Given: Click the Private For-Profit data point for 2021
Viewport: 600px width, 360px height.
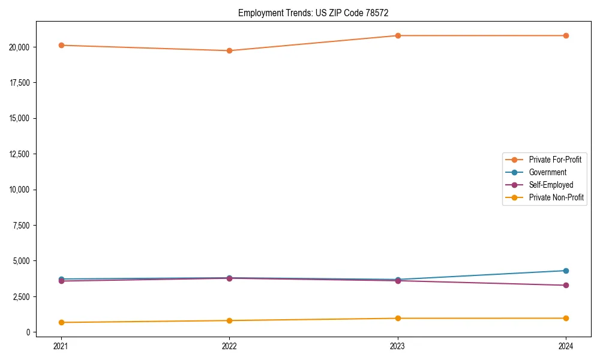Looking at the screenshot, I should pos(61,45).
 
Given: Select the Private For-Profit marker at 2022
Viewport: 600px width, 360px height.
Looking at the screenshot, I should pos(229,50).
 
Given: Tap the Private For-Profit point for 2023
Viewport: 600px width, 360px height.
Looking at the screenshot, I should pos(398,35).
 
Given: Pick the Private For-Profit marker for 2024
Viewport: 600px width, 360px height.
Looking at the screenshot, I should pos(566,35).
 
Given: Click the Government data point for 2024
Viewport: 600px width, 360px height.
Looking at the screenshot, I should pos(566,271).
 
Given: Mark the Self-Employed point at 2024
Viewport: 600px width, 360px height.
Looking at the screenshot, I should pos(566,285).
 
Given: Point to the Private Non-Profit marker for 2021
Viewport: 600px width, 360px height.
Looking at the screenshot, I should pos(61,322).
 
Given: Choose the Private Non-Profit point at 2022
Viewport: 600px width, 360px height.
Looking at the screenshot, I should pos(229,320).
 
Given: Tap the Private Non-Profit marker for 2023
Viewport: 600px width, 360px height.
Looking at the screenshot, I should pos(398,318).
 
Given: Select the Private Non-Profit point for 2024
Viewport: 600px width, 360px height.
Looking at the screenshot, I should pos(566,318).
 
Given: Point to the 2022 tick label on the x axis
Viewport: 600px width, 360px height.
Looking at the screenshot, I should pos(229,346).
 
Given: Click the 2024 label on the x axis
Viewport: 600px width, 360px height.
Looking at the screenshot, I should pos(566,346).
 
